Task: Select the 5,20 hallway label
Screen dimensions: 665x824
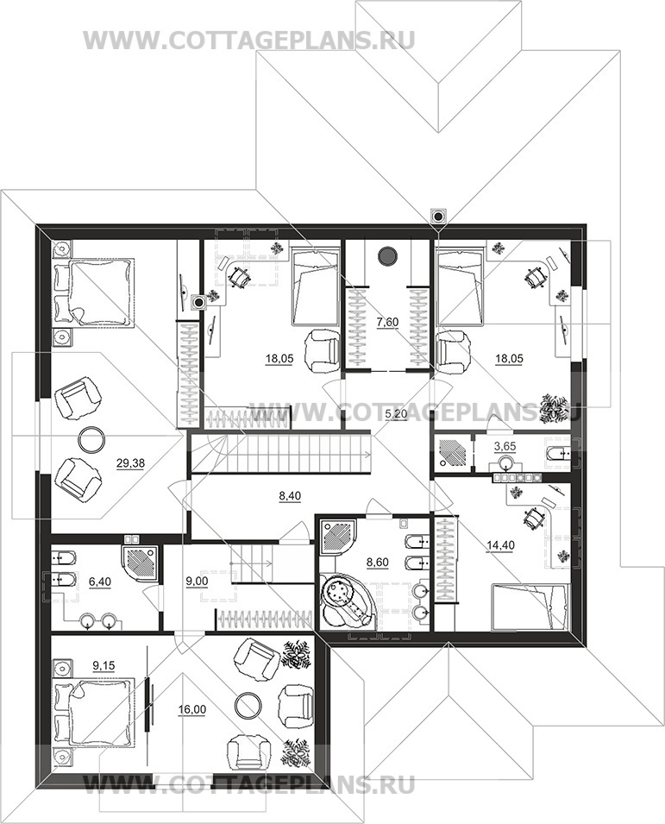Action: pyautogui.click(x=396, y=414)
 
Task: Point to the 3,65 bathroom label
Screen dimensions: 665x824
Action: pyautogui.click(x=505, y=447)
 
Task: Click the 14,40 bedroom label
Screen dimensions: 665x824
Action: pyautogui.click(x=500, y=545)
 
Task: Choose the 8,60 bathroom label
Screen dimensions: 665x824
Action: pyautogui.click(x=378, y=563)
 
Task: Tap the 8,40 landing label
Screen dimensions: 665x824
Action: pyautogui.click(x=290, y=495)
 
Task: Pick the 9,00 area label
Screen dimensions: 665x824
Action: pyautogui.click(x=198, y=582)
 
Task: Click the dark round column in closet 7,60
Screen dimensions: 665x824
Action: pyautogui.click(x=387, y=255)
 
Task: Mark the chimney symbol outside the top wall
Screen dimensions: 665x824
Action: pyautogui.click(x=438, y=216)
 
